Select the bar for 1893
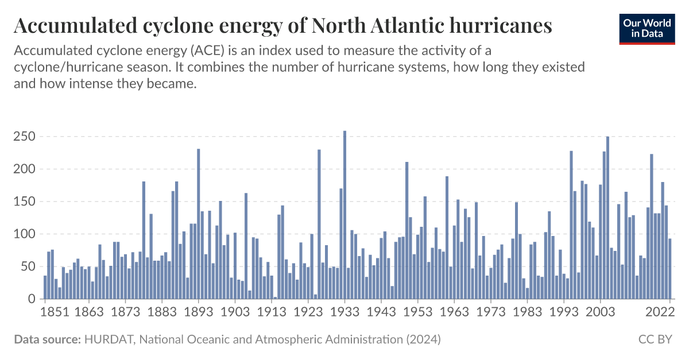click(199, 224)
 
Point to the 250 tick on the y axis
click(24, 137)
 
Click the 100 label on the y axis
click(24, 234)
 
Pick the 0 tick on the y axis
click(32, 299)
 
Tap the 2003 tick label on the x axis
click(601, 312)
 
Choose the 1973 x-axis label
click(491, 312)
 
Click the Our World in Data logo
click(647, 28)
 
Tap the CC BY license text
click(655, 339)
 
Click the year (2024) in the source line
click(423, 339)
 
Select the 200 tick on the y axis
click(24, 169)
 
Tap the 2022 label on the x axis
click(660, 312)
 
